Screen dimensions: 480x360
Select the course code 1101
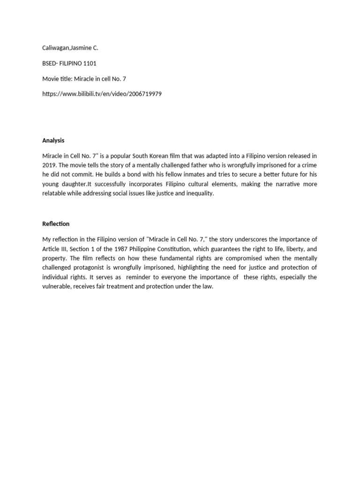pyautogui.click(x=89, y=63)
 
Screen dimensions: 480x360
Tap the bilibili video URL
pyautogui.click(x=102, y=94)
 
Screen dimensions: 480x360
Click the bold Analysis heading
pyautogui.click(x=53, y=140)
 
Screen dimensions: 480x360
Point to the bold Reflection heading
pyautogui.click(x=56, y=224)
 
